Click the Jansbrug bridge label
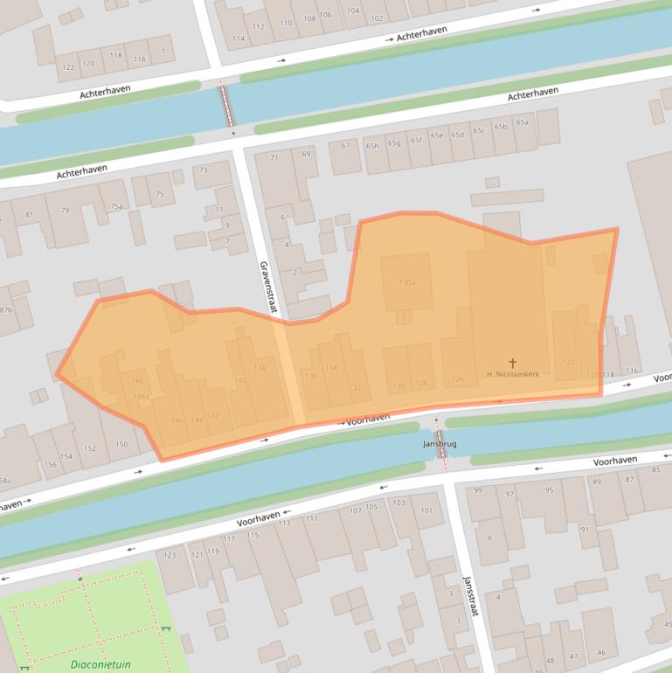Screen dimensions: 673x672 [x=440, y=444]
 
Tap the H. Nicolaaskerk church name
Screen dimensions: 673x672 [x=512, y=374]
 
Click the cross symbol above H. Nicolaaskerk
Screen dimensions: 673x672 [x=512, y=362]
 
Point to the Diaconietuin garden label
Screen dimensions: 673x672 [x=100, y=664]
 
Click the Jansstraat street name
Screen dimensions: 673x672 [x=469, y=596]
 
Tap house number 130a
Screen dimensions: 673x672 [x=406, y=282]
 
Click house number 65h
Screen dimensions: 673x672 [x=372, y=145]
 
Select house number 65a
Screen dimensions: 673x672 [x=522, y=122]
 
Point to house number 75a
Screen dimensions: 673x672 [x=116, y=206]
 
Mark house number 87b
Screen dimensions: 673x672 [x=5, y=310]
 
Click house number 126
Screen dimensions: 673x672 [x=457, y=379]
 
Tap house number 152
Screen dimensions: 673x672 [x=90, y=448]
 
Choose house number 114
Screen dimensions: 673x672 [x=239, y=38]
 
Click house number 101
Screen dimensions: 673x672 [x=426, y=510]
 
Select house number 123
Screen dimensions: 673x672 [x=170, y=555]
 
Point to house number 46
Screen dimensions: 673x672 [x=600, y=653]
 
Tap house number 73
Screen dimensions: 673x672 [x=204, y=170]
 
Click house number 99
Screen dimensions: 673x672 [x=478, y=491]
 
